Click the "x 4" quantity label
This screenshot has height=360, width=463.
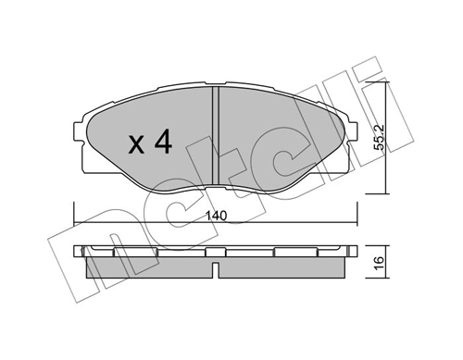coord(147,143)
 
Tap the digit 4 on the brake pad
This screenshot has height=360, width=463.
coord(163,143)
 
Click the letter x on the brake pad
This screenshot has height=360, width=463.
coord(134,145)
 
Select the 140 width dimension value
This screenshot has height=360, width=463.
coord(215,217)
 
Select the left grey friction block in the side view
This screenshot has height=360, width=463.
coord(148,267)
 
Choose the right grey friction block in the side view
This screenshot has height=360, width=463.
coord(282,267)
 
